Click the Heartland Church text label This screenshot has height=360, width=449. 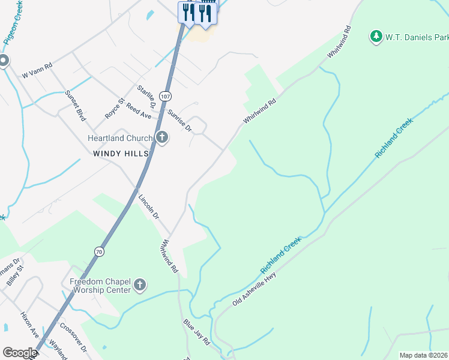click(120, 138)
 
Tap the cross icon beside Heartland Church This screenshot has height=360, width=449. click(161, 138)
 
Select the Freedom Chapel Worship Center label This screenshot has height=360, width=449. click(100, 286)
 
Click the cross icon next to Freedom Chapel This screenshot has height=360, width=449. click(139, 285)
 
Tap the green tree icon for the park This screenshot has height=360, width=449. click(376, 37)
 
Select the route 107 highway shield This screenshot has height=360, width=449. click(166, 97)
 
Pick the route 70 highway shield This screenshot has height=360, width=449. click(98, 251)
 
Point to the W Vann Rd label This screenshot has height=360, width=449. click(37, 70)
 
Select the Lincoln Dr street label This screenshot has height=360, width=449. click(148, 206)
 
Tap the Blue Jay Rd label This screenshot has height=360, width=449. click(196, 332)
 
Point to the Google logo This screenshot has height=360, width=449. click(20, 353)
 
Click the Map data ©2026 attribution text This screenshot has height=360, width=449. click(423, 355)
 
